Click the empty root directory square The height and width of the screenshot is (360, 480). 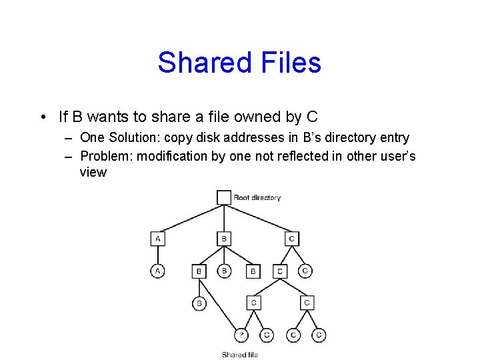[224, 197]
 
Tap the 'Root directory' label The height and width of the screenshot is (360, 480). [257, 198]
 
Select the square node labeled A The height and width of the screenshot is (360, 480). [158, 238]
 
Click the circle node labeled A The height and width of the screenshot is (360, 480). [158, 271]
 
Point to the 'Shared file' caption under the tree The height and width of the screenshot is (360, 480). [239, 355]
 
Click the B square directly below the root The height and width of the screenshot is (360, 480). [224, 238]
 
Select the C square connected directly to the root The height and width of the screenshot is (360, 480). [291, 238]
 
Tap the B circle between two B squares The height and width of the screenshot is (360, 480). [225, 271]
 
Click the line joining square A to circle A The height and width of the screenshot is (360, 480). [158, 255]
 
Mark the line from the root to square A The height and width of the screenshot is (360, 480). [190, 218]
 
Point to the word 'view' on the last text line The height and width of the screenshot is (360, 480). [93, 172]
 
